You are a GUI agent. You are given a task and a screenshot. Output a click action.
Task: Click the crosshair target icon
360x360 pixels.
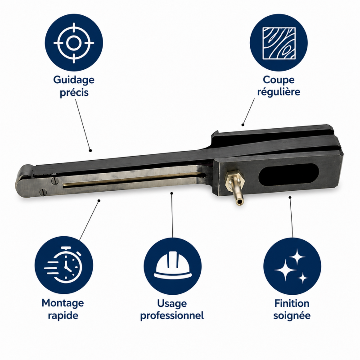[x=74, y=43]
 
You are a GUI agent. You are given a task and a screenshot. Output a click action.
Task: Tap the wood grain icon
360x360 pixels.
[x=279, y=43]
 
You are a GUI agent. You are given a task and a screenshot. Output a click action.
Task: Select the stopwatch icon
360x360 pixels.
[x=63, y=265]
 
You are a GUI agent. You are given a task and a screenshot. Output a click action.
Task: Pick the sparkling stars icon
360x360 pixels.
[x=292, y=266]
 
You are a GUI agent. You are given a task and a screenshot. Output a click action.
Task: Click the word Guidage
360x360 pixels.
[x=74, y=81]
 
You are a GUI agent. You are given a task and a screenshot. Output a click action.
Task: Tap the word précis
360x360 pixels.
[x=74, y=93]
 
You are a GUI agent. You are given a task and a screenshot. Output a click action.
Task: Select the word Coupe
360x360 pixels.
[x=279, y=80]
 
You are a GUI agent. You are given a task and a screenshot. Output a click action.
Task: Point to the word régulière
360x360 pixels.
[x=279, y=92]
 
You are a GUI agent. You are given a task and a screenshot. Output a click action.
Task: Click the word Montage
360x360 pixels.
[x=63, y=303]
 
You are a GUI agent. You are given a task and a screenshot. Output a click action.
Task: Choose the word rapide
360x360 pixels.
[x=63, y=315]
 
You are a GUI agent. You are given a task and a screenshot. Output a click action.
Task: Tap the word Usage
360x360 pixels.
[x=172, y=303]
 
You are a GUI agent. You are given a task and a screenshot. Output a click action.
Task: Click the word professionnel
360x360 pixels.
[x=172, y=315]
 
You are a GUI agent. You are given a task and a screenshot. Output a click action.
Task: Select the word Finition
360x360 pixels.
[x=292, y=303]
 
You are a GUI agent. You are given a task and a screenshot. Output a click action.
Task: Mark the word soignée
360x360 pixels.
[x=292, y=315]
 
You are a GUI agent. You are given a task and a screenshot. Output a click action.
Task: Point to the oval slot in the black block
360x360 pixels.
[x=288, y=175]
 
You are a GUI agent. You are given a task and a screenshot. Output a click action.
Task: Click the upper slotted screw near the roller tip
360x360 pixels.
[x=54, y=181]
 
